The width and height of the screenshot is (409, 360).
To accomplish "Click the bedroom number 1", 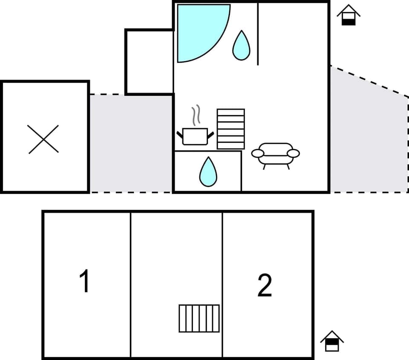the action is coord(85,282).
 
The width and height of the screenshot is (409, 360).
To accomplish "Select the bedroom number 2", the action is coord(265,286).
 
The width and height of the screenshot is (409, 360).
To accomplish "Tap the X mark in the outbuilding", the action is coord(43,139).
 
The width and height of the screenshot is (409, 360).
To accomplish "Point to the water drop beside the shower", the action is coord(241,46).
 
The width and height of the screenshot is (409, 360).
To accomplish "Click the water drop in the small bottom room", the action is coord(208,172).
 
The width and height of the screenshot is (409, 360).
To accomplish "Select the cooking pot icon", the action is coord(195,136).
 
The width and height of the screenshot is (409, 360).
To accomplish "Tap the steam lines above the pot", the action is coord(196,115).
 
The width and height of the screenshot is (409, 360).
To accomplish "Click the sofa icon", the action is coord(275,154).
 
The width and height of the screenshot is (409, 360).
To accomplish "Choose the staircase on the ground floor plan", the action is coord(230,129).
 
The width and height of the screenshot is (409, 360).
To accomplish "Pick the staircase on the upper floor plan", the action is coord(199,318).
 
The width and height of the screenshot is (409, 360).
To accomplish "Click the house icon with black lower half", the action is coord(349,15).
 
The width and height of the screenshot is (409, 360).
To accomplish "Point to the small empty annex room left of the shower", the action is coord(149,62).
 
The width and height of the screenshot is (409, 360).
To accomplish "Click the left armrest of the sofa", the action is coord(258,153).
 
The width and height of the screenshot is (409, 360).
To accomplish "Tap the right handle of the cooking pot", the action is coord(210,134).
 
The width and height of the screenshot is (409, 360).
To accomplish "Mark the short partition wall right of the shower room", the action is coord(258,34).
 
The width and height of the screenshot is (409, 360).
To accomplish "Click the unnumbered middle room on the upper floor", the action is coord(176,264).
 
